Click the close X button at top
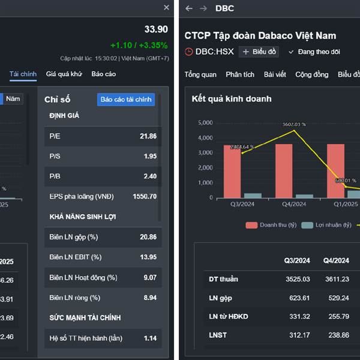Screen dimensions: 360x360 tap(167, 7)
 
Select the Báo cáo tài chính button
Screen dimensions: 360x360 tap(126, 99)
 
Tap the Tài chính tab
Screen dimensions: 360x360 tap(23, 74)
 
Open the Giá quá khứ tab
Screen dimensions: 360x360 tap(64, 74)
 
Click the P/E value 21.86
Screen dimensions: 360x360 tap(148, 136)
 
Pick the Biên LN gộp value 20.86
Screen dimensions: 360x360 tap(148, 237)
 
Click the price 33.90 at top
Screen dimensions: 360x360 tap(156, 29)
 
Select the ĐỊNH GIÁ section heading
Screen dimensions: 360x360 tap(64, 115)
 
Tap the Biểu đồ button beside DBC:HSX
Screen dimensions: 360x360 tap(259, 52)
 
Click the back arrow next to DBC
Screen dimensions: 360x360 tap(189, 8)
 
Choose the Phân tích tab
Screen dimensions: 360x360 tap(240, 74)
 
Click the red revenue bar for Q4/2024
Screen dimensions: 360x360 tap(284, 170)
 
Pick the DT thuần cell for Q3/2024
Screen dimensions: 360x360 tap(298, 279)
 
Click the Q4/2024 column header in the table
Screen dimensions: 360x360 tap(336, 260)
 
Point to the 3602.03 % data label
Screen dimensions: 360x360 tap(294, 124)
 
